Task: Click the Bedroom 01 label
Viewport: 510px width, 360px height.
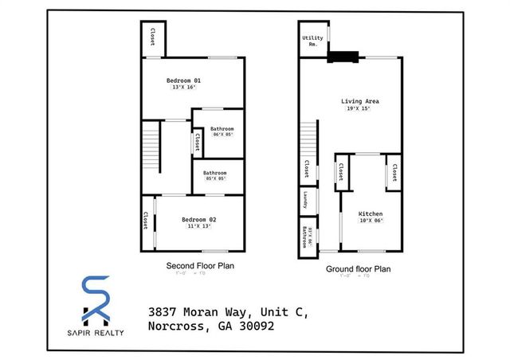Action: [x=183, y=80]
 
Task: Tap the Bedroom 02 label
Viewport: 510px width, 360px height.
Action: [x=198, y=219]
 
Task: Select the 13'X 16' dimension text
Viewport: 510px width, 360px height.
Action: [x=183, y=88]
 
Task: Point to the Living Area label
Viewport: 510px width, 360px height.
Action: [x=359, y=102]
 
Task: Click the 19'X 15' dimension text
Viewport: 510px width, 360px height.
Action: [x=359, y=109]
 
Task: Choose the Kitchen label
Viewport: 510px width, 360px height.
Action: [x=371, y=214]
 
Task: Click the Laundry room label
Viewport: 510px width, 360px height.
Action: [x=305, y=200]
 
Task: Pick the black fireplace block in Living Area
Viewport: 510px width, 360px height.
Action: [x=344, y=57]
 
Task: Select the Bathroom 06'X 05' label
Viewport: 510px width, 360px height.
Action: [x=222, y=131]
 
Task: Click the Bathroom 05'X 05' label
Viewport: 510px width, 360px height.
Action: [x=215, y=175]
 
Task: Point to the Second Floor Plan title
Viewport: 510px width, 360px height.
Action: [x=199, y=265]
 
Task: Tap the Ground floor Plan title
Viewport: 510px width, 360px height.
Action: [x=358, y=269]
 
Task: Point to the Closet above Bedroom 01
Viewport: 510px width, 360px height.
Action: [x=152, y=37]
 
